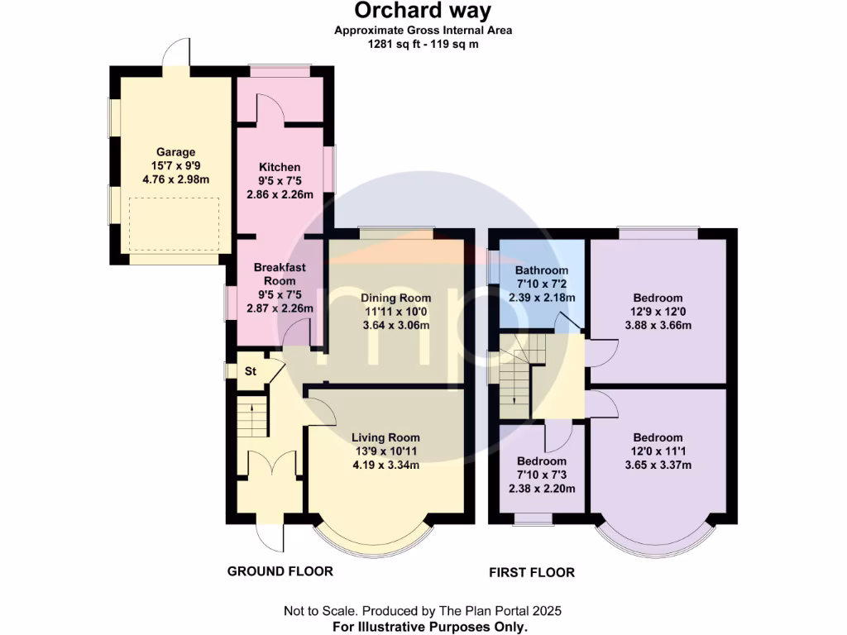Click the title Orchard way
(x=423, y=11)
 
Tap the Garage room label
(x=175, y=152)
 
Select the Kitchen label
(x=280, y=168)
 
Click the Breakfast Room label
(x=280, y=274)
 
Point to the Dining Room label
(x=395, y=298)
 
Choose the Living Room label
(x=385, y=437)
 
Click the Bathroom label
(x=541, y=270)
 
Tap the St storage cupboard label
(x=249, y=372)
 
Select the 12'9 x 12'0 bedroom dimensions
(x=658, y=312)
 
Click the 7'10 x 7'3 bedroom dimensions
(x=541, y=475)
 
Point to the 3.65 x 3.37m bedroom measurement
(x=658, y=465)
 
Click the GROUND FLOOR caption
(x=280, y=571)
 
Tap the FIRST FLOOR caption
(x=531, y=572)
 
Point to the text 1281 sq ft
(x=396, y=44)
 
